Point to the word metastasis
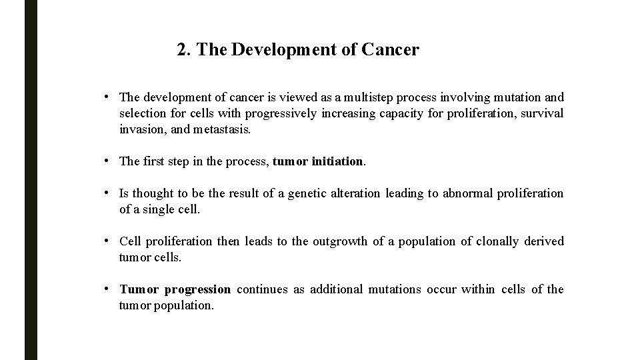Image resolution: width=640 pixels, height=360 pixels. point(222,129)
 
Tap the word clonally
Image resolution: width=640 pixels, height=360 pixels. point(499,241)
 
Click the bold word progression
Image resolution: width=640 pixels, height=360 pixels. point(197,289)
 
